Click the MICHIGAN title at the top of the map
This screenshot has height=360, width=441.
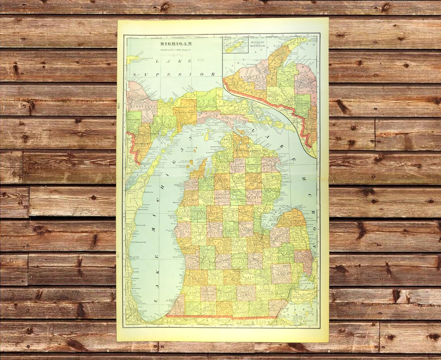pos(176,44)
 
